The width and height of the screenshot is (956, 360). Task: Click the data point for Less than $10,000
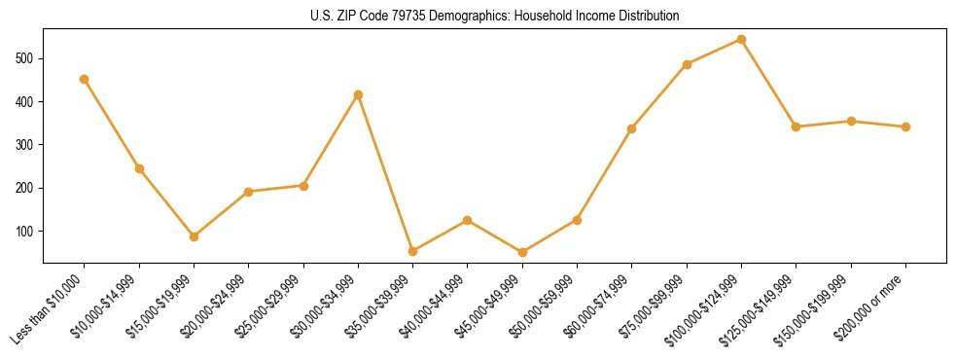[85, 79]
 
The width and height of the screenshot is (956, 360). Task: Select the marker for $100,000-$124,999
[742, 39]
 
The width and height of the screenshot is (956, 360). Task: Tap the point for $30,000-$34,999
[359, 94]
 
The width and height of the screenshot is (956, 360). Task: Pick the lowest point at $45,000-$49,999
[523, 252]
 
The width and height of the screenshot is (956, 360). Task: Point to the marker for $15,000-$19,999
[195, 236]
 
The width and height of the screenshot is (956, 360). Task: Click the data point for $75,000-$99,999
[688, 64]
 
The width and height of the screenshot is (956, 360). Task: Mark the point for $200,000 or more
[906, 126]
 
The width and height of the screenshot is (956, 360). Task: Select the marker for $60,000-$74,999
[632, 128]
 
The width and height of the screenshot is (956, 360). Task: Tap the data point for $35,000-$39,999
[413, 251]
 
